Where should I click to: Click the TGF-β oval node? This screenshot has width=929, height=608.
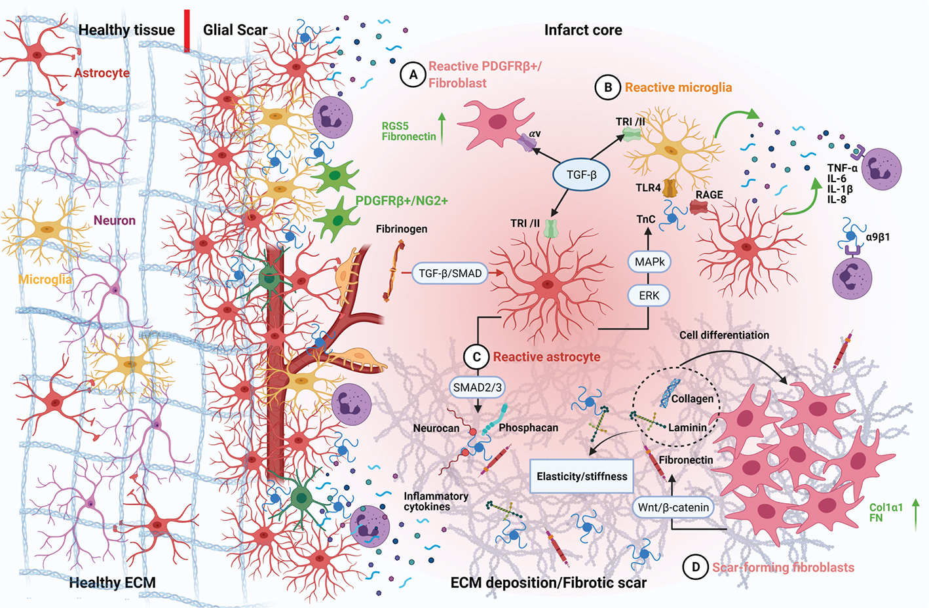click(581, 175)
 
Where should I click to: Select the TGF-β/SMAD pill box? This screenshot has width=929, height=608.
click(450, 273)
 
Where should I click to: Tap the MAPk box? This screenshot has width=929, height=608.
click(649, 262)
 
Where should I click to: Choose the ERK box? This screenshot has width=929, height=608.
click(649, 295)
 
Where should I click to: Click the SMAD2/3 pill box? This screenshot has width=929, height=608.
click(477, 387)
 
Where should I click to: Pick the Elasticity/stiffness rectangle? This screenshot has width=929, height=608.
click(582, 476)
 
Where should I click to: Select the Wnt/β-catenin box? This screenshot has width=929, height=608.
click(673, 507)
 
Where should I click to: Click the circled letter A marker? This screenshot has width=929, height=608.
click(413, 75)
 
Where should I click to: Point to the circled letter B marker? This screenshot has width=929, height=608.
click(608, 87)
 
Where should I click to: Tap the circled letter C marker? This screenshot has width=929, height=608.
click(477, 357)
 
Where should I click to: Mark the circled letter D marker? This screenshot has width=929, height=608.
click(696, 567)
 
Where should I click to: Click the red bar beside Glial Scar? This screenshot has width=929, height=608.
click(187, 30)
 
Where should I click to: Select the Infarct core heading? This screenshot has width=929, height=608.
click(583, 30)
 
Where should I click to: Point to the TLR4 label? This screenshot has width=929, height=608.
click(648, 188)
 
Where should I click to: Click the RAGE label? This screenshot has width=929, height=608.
click(710, 195)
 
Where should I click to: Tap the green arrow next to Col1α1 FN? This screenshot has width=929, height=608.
click(916, 514)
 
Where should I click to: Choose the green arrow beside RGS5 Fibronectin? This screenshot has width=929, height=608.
click(442, 128)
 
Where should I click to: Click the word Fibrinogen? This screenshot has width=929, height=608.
click(402, 229)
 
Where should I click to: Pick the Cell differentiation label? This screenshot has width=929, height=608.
click(724, 335)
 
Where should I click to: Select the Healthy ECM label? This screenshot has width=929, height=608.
click(112, 582)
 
